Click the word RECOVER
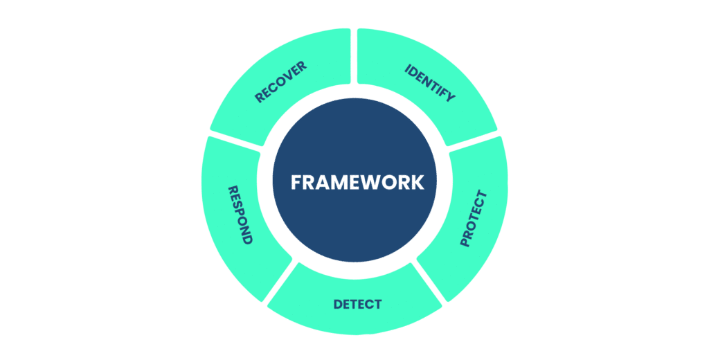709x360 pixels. (x=280, y=82)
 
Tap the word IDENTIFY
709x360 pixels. (x=429, y=83)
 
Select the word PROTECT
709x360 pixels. (x=474, y=219)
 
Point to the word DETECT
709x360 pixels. (x=357, y=305)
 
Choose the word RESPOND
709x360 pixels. (x=240, y=215)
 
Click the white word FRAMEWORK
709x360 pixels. (x=357, y=182)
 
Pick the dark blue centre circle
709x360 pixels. (x=354, y=181)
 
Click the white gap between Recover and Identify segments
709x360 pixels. (x=354, y=57)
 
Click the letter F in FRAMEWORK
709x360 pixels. (x=296, y=182)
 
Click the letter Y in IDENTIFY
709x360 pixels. (x=450, y=96)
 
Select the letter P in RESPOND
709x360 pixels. (x=238, y=215)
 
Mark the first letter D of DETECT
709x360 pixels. (x=339, y=305)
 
